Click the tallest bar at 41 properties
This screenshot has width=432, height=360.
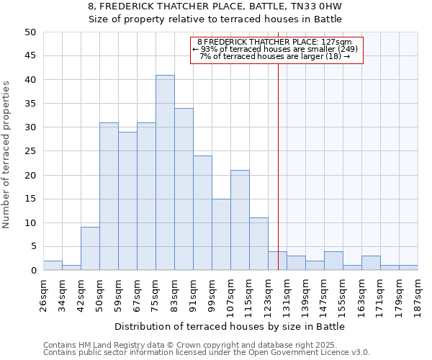coord(165,173)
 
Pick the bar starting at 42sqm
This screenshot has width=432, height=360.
coord(90,249)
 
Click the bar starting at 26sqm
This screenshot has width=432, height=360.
coord(53,266)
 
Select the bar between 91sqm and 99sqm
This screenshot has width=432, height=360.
coord(202,213)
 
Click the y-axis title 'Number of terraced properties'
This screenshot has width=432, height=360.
coord(7,154)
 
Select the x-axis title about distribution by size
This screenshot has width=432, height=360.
coord(230,326)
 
